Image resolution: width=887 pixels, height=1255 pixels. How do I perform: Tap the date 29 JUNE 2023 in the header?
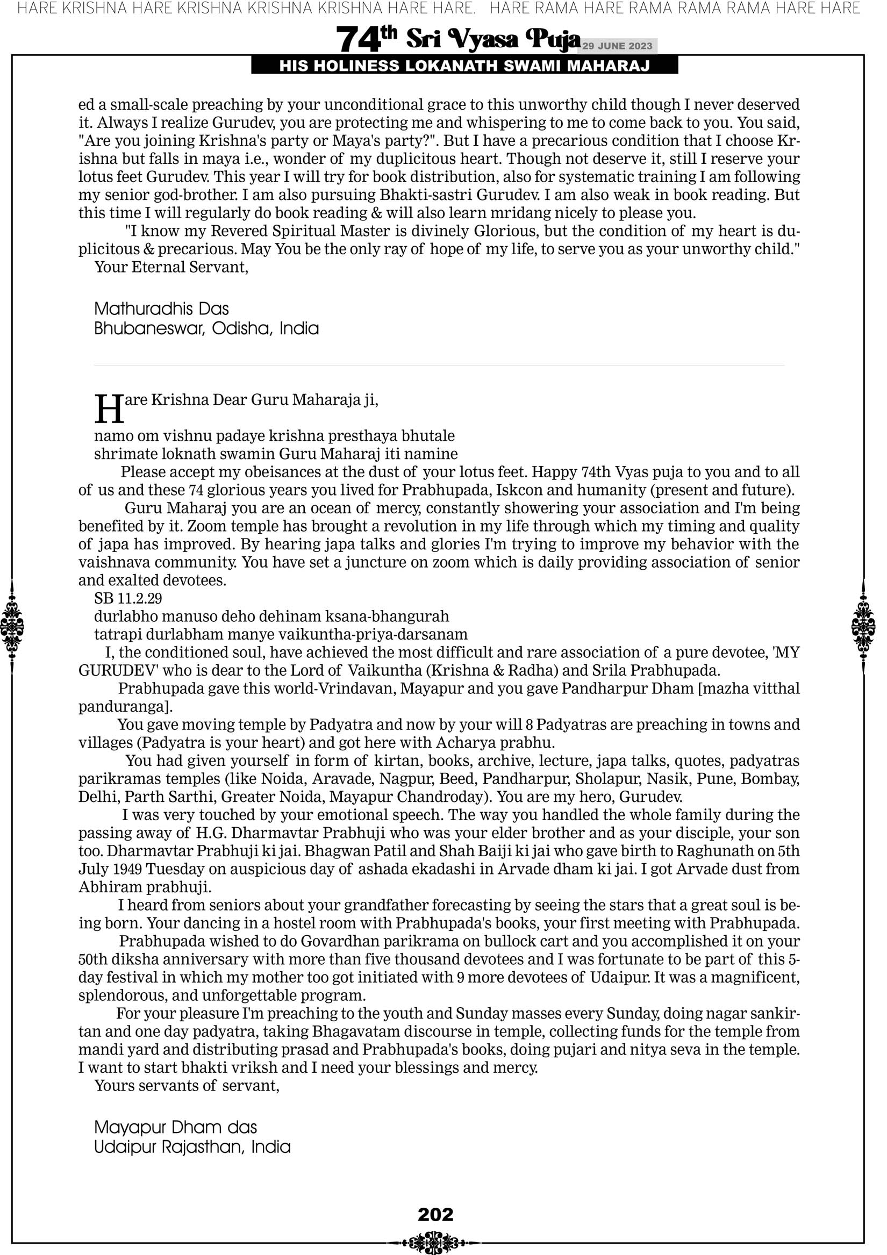click(x=617, y=46)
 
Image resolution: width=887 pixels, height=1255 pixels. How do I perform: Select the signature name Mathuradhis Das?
click(x=161, y=309)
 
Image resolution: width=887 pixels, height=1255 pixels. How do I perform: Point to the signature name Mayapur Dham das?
click(x=176, y=1127)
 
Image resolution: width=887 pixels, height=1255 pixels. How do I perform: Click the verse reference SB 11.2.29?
click(x=128, y=598)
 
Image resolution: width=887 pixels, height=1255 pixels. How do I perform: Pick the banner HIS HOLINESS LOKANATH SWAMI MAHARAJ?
click(x=464, y=66)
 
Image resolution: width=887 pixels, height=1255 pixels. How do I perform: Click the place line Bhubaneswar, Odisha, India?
click(x=206, y=328)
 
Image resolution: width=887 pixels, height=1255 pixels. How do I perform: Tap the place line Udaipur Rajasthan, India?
click(x=192, y=1146)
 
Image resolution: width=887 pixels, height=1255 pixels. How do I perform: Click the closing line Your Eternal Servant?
click(x=171, y=267)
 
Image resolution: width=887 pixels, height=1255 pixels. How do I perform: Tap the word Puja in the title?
click(x=552, y=39)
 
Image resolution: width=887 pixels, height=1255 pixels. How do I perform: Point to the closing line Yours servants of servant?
click(x=187, y=1085)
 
